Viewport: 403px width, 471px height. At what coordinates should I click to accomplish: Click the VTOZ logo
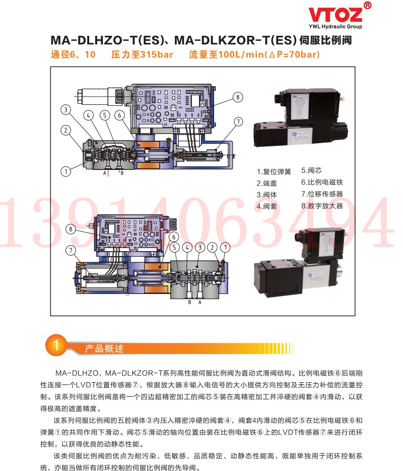pos(335,15)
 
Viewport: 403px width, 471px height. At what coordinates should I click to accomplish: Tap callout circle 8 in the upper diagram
pos(238,97)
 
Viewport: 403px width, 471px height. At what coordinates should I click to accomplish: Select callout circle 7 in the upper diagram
pos(238,122)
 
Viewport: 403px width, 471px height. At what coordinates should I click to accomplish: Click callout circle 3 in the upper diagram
pos(65,109)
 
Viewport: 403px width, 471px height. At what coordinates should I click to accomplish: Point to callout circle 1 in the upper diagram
pos(65,171)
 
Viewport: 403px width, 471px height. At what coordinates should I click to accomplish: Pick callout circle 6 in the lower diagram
pos(173,237)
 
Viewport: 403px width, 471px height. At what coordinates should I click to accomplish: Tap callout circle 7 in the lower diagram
pos(71,251)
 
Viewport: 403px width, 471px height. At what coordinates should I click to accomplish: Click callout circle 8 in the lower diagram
pos(71,229)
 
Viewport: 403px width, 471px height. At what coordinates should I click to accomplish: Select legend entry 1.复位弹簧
pos(274,171)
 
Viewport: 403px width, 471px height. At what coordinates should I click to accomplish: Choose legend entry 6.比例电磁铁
pos(322,183)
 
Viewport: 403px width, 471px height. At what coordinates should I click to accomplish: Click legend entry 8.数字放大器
pos(322,206)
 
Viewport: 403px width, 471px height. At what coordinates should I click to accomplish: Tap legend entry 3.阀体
pos(267,195)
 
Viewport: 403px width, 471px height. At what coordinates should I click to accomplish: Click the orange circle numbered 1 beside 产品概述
pos(56,345)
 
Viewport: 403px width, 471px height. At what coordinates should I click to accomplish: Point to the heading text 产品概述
pos(104,349)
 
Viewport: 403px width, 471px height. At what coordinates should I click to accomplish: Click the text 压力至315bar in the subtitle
pos(142,54)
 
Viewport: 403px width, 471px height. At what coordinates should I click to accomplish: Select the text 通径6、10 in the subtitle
pos(73,54)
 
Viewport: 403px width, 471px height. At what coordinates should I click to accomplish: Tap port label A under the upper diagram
pos(105,173)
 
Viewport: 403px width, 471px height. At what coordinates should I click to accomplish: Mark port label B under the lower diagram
pos(189,302)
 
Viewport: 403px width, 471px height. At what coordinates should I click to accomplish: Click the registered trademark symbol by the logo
pos(367,5)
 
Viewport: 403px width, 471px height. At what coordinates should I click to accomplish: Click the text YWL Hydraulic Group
pos(335,26)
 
